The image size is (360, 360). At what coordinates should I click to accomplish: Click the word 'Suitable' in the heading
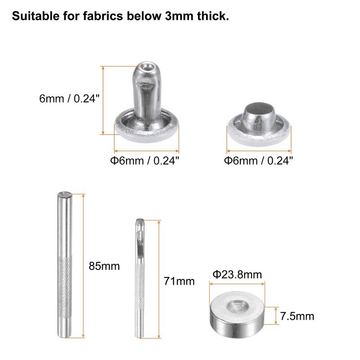pos(32,17)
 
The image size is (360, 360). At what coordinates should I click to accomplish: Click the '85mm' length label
pos(104,266)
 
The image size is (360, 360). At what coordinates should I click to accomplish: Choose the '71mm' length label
pos(179,282)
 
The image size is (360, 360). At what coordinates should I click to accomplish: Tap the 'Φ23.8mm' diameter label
pos(237,274)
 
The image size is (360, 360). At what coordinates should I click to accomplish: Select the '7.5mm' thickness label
pos(297,316)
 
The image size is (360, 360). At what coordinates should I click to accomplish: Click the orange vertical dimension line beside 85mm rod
pos(84,265)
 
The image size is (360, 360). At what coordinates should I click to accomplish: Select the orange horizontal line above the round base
pos(238,283)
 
